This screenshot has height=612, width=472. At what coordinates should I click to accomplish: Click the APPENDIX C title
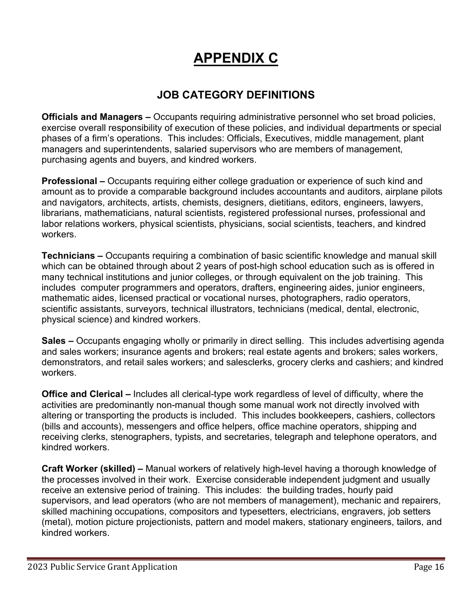tap(236, 58)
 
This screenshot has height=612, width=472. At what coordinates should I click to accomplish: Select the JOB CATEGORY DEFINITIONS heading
tap(236, 95)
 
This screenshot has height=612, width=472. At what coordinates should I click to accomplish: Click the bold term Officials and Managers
tap(92, 117)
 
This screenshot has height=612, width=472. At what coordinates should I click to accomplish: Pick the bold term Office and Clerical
tap(82, 394)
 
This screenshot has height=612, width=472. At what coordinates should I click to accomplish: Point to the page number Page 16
tap(429, 567)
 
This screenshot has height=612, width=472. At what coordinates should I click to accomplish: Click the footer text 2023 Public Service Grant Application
tap(102, 567)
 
